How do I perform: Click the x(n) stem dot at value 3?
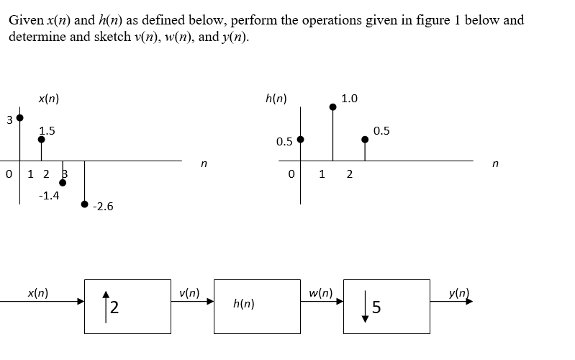click(x=19, y=117)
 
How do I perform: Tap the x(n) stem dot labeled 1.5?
click(x=41, y=140)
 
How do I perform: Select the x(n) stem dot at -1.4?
click(x=63, y=182)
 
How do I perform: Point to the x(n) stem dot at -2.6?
click(x=84, y=204)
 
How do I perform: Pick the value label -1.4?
click(x=48, y=195)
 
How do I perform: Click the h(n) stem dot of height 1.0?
click(x=332, y=107)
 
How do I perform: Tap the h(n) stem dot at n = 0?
click(x=300, y=139)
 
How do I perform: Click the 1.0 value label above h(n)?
click(x=350, y=98)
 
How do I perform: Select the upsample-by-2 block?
click(x=127, y=306)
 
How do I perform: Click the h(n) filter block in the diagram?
click(x=257, y=306)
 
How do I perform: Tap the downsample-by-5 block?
click(x=386, y=306)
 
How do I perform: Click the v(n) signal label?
click(x=189, y=293)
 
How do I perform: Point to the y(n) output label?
click(x=458, y=293)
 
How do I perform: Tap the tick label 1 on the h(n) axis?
click(x=322, y=173)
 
